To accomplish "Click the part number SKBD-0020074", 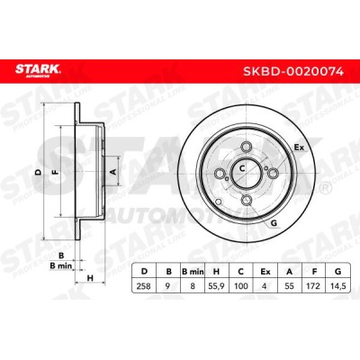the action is [x=293, y=71].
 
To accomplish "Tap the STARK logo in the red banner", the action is [x=38, y=70].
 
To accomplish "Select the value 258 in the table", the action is [x=144, y=286].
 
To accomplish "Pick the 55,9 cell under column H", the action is [x=216, y=286].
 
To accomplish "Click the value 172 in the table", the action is [x=314, y=286].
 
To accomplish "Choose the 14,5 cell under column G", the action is [x=338, y=286].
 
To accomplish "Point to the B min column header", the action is [x=193, y=272].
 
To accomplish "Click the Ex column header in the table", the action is [x=265, y=272].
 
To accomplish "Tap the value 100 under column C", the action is [x=241, y=286].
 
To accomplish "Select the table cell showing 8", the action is [x=193, y=286].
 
